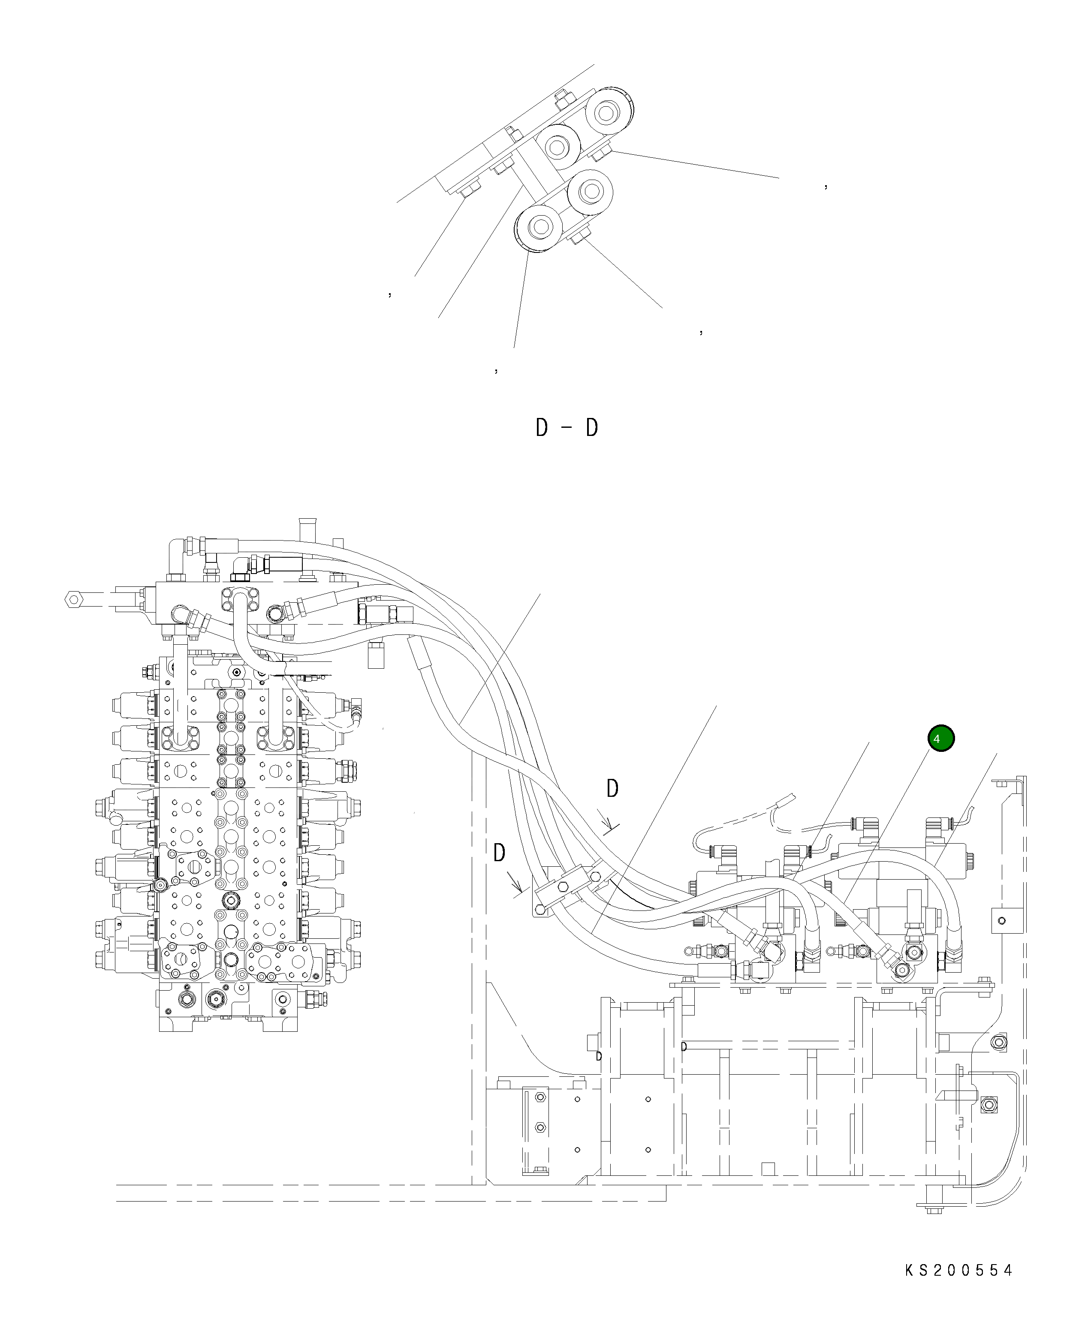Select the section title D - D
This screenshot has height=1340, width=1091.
click(x=566, y=428)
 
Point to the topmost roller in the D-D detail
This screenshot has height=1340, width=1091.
click(x=606, y=114)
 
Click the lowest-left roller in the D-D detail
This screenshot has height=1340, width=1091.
click(x=539, y=226)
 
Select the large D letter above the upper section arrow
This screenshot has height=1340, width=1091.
click(x=612, y=788)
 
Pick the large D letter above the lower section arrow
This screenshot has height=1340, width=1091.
click(x=500, y=853)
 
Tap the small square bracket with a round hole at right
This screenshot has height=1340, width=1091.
click(x=1002, y=921)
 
